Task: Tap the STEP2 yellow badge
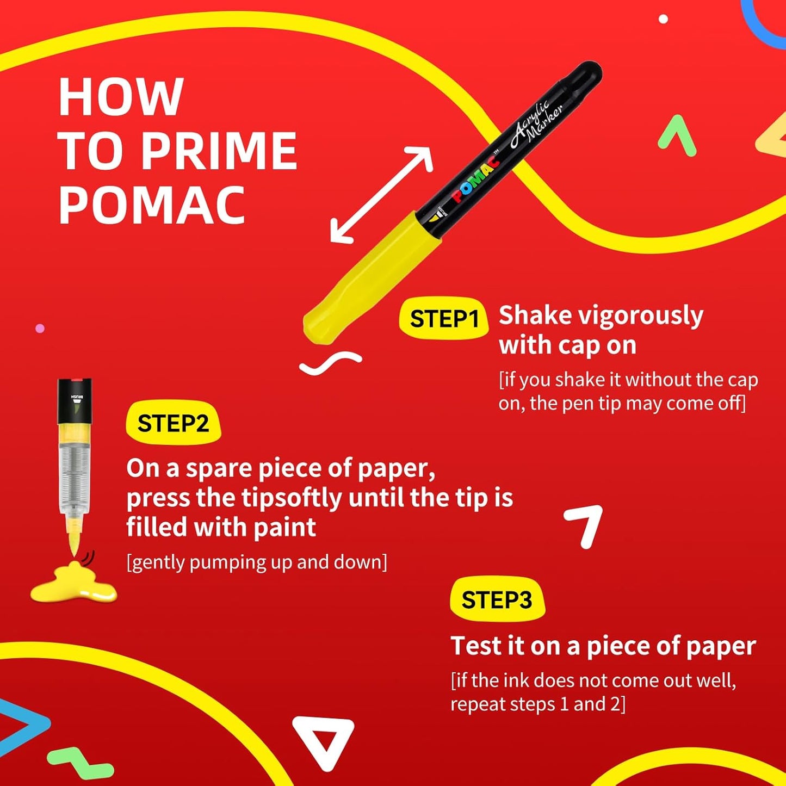pyautogui.click(x=174, y=423)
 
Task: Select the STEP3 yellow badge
pyautogui.click(x=497, y=599)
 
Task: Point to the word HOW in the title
pyautogui.click(x=121, y=97)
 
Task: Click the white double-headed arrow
pyautogui.click(x=381, y=195)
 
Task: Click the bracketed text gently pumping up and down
pyautogui.click(x=257, y=562)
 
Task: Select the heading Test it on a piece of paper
pyautogui.click(x=603, y=647)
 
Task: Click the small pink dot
pyautogui.click(x=40, y=329)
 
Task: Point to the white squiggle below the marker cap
pyautogui.click(x=330, y=363)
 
